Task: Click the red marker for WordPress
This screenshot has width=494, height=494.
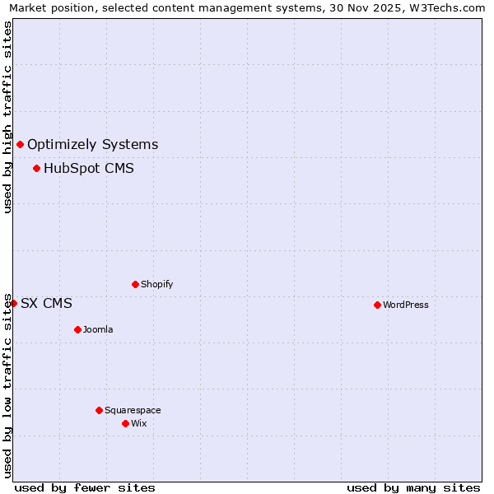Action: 377,305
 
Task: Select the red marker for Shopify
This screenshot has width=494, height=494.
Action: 135,284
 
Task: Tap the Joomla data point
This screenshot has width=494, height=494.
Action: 77,329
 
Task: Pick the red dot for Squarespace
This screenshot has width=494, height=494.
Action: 99,410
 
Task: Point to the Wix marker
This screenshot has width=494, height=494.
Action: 125,423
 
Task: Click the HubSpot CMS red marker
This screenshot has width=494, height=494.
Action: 36,169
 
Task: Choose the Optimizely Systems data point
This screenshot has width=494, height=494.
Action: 20,145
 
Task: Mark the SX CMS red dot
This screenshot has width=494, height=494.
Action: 13,303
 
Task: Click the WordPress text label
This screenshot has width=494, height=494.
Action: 405,305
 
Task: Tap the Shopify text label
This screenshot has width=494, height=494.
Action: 156,284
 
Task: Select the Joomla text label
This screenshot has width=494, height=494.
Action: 98,329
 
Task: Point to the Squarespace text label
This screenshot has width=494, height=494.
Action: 133,410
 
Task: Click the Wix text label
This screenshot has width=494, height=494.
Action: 138,423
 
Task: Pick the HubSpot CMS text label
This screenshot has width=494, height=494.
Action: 89,169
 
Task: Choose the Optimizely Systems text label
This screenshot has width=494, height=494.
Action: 92,145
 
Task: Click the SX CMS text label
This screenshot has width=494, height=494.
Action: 46,303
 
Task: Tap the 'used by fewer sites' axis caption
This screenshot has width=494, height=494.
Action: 85,487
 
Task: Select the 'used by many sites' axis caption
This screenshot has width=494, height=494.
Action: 413,487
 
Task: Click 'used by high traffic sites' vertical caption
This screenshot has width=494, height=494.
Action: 7,117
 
